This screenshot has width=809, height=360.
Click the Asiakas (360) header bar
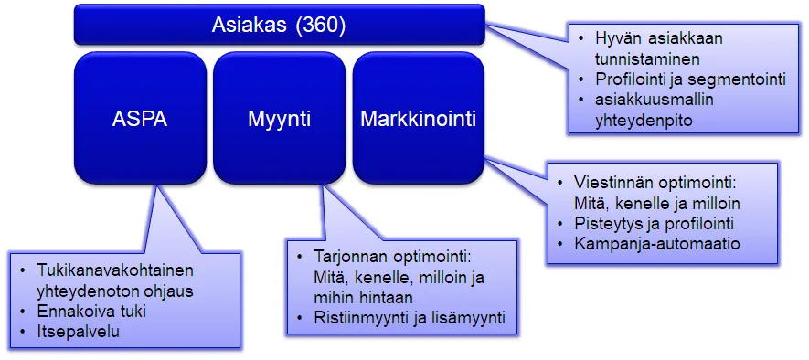tap(279, 24)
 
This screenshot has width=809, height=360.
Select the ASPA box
tap(140, 119)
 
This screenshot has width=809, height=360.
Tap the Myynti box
tap(279, 119)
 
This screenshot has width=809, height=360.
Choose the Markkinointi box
tap(418, 119)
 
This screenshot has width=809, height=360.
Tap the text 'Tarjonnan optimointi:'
tap(389, 258)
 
